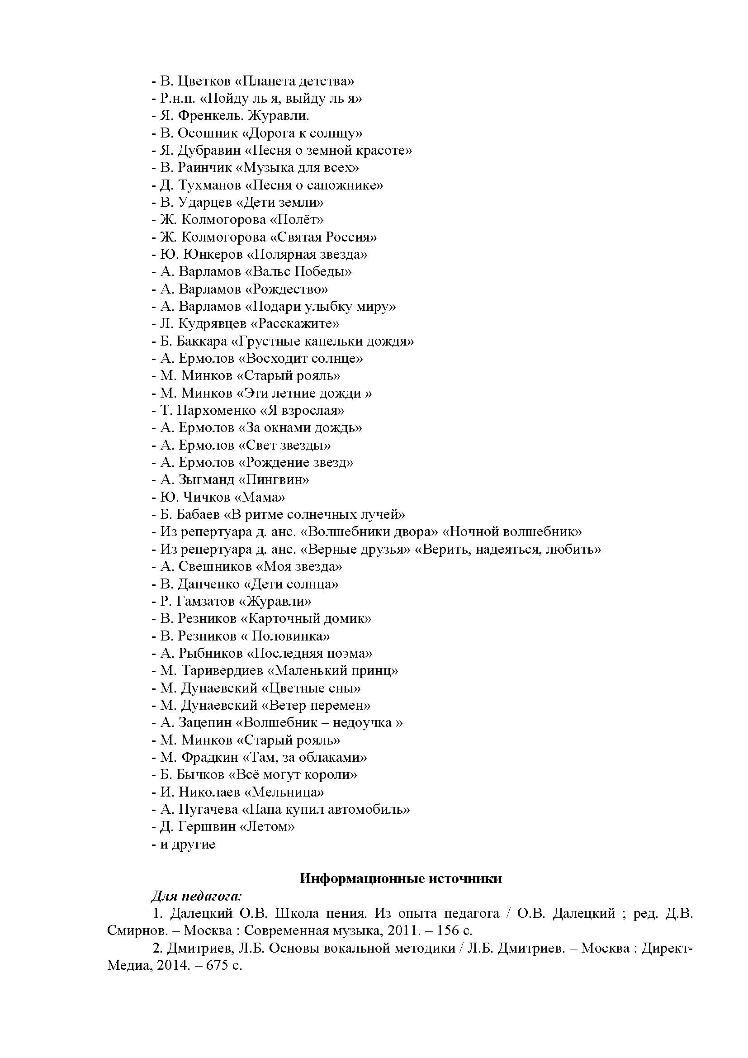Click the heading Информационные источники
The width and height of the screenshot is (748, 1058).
401,878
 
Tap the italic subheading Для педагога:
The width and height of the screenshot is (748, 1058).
196,896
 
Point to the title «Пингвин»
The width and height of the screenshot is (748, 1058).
274,479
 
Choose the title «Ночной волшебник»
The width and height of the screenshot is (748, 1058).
512,532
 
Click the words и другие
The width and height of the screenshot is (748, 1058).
188,844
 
